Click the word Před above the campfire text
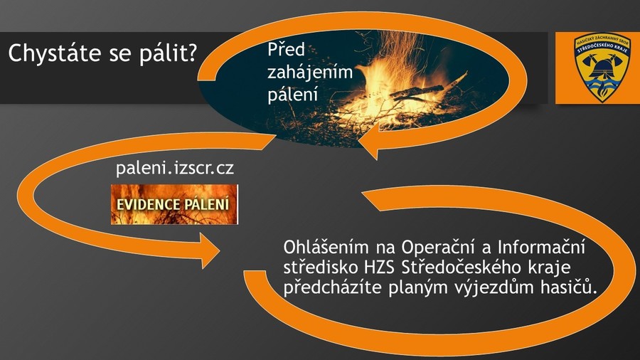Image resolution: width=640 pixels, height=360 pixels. (287, 49)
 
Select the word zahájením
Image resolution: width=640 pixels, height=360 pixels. (310, 73)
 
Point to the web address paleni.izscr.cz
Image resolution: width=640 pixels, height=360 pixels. (175, 168)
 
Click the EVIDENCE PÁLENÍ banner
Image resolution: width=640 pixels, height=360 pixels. (174, 204)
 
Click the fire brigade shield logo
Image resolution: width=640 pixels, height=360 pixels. (602, 68)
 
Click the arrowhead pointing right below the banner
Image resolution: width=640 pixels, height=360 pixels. (210, 250)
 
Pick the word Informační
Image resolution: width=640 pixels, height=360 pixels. (541, 248)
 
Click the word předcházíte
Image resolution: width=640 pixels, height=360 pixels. (333, 288)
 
